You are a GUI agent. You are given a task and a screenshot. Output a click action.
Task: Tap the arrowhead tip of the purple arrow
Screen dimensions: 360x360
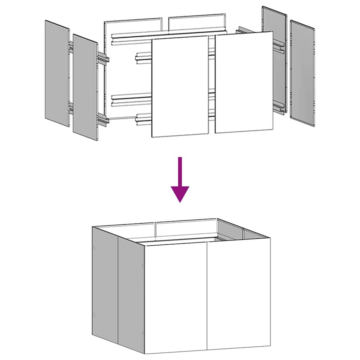point(180,202)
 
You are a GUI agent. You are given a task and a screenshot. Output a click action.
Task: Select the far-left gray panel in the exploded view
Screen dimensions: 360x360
point(57,73)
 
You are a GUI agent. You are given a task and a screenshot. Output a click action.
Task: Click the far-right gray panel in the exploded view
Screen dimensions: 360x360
point(302,73)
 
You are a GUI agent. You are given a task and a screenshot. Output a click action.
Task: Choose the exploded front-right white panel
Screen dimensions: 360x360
point(244,83)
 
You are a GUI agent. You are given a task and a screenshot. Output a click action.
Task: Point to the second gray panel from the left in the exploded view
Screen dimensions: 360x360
point(85,87)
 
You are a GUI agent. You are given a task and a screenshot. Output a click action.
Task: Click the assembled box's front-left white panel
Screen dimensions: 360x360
point(176,299)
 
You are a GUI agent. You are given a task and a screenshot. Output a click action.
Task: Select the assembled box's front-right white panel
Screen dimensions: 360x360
point(238,295)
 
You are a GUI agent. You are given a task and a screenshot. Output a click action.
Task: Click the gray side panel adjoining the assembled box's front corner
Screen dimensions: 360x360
point(131,295)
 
